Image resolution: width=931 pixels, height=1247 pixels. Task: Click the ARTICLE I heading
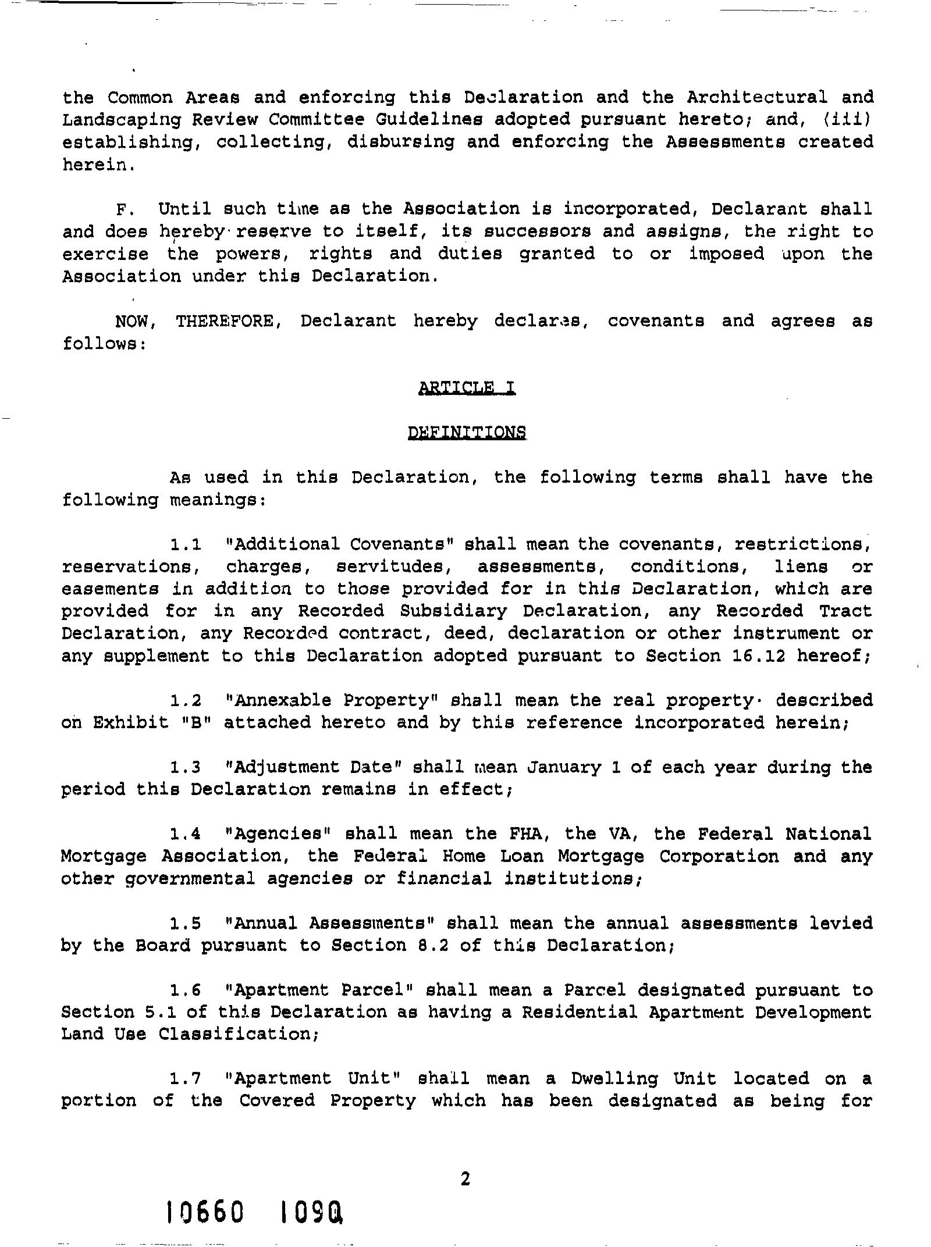point(467,387)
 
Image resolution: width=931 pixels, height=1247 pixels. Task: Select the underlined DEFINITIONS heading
point(467,432)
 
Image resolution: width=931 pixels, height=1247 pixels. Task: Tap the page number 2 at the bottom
point(465,1179)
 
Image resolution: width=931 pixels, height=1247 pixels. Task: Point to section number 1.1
point(186,545)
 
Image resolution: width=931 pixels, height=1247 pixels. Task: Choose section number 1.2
point(186,700)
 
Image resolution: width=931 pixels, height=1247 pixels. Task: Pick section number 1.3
point(186,768)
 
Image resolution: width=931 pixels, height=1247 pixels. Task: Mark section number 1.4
point(186,835)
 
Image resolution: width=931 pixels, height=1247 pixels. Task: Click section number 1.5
point(186,924)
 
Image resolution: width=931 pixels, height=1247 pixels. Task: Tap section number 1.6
point(186,991)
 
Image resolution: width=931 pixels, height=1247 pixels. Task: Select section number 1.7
point(186,1079)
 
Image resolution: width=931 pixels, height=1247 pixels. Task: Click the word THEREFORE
point(225,321)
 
